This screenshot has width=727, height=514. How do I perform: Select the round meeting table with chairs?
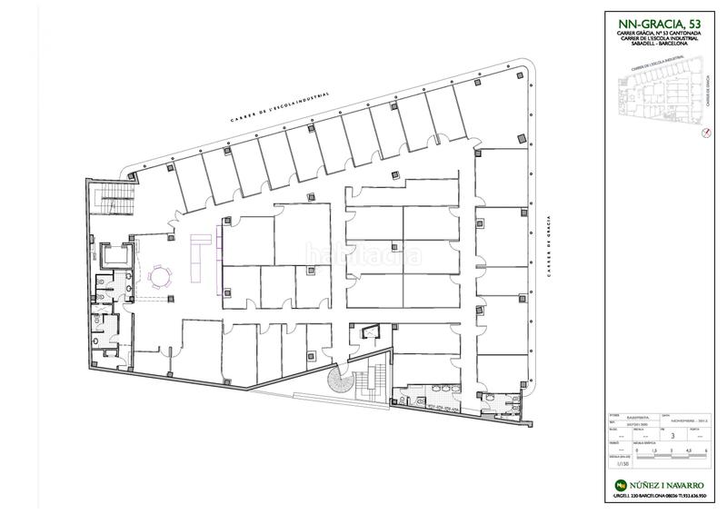(164, 274)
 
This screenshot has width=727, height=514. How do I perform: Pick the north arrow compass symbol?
(703, 133)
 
